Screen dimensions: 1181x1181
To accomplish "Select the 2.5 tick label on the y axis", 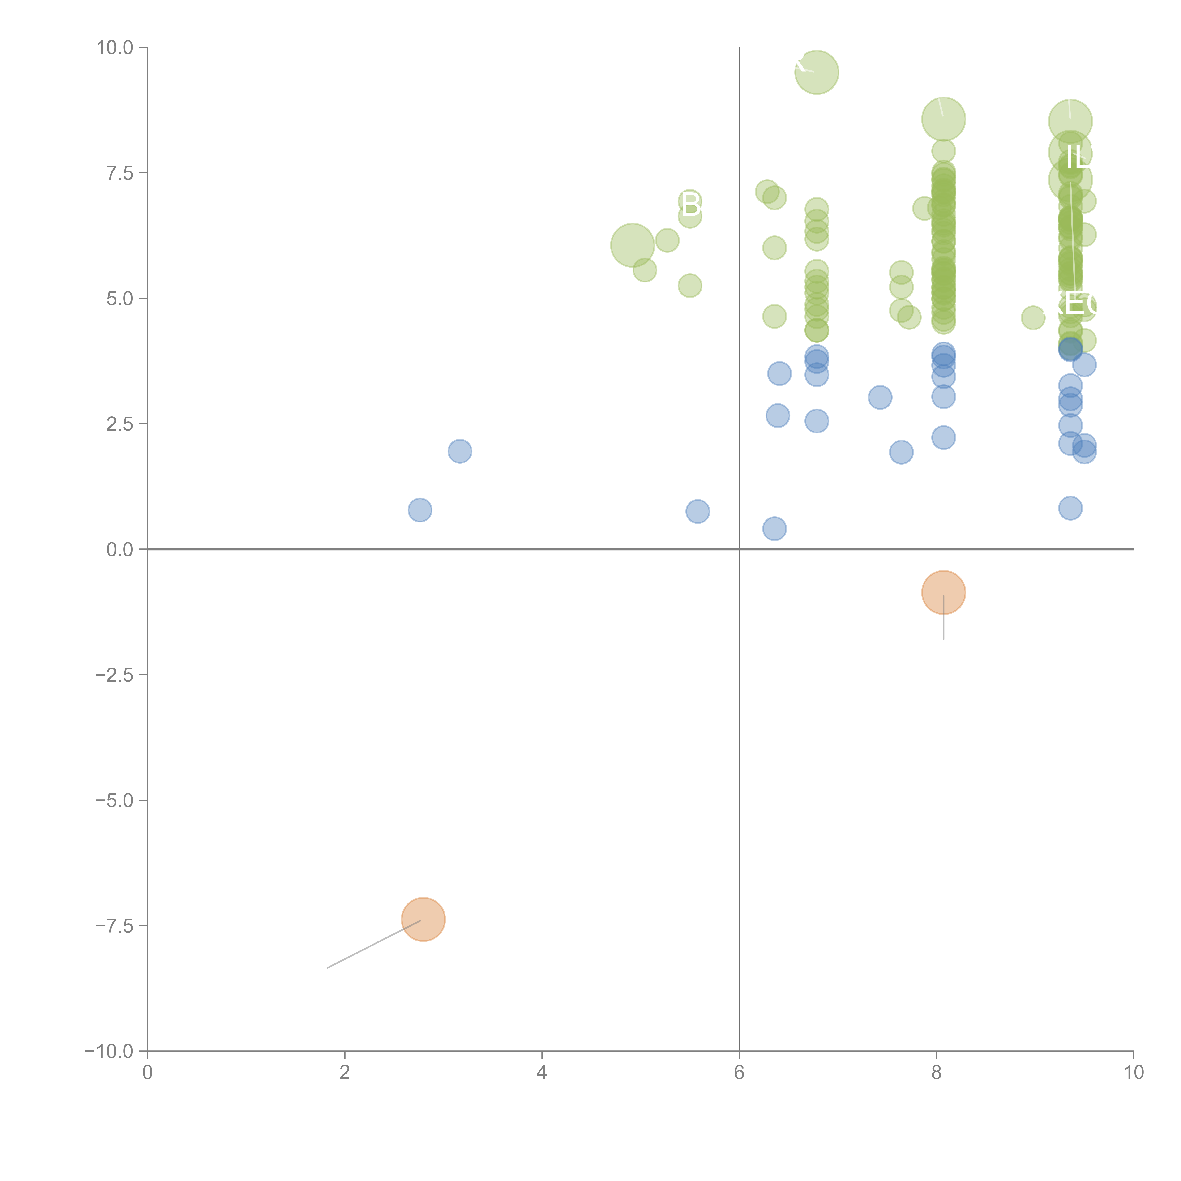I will coord(120,424).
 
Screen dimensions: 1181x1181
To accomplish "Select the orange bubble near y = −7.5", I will coord(423,919).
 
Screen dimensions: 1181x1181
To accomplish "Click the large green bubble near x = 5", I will coord(632,245).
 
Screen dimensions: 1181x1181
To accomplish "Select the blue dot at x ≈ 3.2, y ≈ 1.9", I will coord(460,451).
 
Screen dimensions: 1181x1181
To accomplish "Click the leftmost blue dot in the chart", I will coord(420,510).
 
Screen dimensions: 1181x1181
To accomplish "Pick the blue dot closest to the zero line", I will coord(774,529).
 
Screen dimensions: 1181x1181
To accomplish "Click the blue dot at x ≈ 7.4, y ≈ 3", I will coord(880,397).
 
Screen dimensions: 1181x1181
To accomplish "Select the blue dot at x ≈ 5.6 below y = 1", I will coord(697,511).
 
